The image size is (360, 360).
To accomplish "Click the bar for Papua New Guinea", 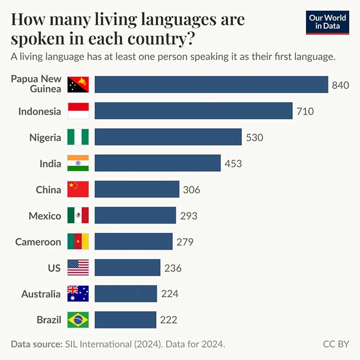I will [211, 84].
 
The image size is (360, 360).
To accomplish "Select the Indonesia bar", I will [193, 111].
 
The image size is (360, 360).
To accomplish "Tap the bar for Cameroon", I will [133, 241].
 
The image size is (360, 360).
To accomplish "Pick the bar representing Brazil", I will [125, 319].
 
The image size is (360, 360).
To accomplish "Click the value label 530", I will [254, 137].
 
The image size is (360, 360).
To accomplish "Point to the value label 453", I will [233, 164].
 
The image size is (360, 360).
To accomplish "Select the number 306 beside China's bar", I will [191, 190].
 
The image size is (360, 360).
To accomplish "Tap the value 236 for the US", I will [173, 268].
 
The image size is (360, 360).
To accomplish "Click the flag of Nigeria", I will [78, 137].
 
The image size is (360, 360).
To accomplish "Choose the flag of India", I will [78, 163].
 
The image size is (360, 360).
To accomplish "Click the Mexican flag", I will [78, 215].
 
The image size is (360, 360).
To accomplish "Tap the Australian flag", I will [78, 294].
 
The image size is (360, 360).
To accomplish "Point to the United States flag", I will [78, 267].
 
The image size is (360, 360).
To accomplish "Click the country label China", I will [48, 190].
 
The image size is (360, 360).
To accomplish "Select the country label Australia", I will [41, 294].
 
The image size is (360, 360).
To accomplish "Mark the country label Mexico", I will [45, 216].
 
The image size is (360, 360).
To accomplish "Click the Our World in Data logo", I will [327, 22].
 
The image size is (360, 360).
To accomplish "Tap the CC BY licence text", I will [336, 344].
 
